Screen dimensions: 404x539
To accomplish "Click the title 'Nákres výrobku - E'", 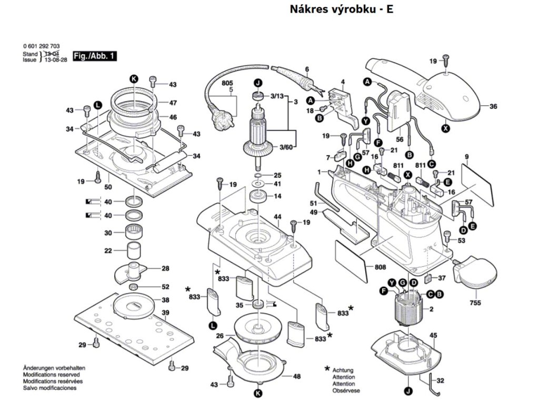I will pos(342,9).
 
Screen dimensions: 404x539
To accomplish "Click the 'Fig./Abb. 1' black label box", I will pos(95,55).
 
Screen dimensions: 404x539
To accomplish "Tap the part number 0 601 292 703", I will pos(41,47).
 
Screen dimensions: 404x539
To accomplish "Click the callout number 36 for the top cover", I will pos(493,107).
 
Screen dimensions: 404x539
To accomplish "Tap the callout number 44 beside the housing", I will pos(277,217).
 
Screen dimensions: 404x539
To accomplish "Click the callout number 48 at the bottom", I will pos(297,376).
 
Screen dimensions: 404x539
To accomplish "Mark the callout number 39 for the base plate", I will pos(165,313).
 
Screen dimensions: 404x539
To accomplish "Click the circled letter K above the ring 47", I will pos(133,78).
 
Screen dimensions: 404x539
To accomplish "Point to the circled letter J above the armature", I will pos(258,83).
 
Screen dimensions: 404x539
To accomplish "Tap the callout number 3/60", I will pos(286,147).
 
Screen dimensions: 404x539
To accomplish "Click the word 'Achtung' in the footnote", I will pos(343,370).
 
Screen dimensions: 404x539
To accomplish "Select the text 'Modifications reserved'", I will pos(51,375).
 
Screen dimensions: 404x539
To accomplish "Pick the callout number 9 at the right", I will pos(466,157).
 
